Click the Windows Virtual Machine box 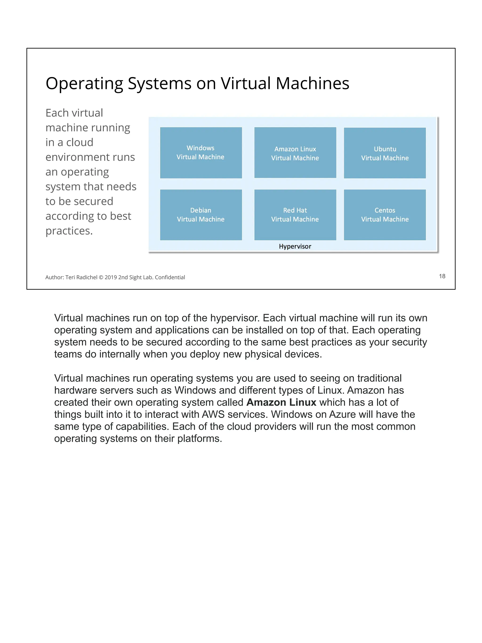pyautogui.click(x=201, y=153)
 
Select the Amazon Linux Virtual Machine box pyautogui.click(x=295, y=153)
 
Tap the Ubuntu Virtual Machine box pyautogui.click(x=385, y=153)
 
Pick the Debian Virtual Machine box pyautogui.click(x=201, y=215)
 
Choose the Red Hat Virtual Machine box pyautogui.click(x=295, y=215)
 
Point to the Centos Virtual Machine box pyautogui.click(x=385, y=215)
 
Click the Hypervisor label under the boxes pyautogui.click(x=295, y=247)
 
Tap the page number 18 pyautogui.click(x=442, y=276)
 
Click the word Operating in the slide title pyautogui.click(x=84, y=84)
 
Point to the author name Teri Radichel pyautogui.click(x=81, y=277)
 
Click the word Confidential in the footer pyautogui.click(x=170, y=277)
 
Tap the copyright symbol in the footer pyautogui.click(x=101, y=277)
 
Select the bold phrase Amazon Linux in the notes pyautogui.click(x=281, y=402)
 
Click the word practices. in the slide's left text pyautogui.click(x=69, y=231)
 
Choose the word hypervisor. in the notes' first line pyautogui.click(x=235, y=318)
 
